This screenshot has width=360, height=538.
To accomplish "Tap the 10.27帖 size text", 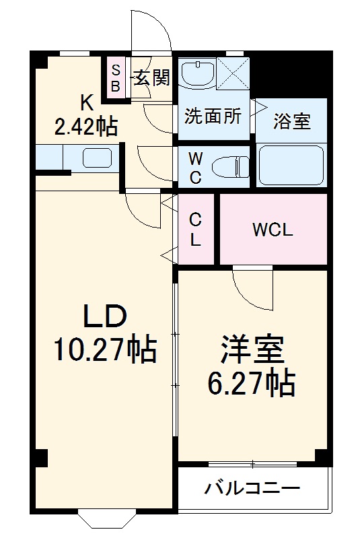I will click(105, 349).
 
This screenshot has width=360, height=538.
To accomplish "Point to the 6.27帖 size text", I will click(251, 383).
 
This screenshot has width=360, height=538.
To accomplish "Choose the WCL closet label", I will click(273, 230).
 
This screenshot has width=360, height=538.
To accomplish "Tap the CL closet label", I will click(194, 229).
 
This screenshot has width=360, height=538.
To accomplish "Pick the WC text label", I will click(194, 168).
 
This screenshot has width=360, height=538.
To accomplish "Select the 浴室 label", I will click(291, 122).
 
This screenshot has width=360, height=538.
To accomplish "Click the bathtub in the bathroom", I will click(291, 166).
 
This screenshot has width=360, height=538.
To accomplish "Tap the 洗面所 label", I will click(213, 116).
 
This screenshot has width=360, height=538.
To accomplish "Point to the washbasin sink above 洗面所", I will click(197, 73).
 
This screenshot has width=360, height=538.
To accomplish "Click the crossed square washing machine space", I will click(233, 73).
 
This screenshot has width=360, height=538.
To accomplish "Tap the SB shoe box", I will click(115, 78).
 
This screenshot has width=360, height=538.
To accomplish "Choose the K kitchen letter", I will click(87, 102).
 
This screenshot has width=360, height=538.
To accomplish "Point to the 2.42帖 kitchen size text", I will click(86, 126).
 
